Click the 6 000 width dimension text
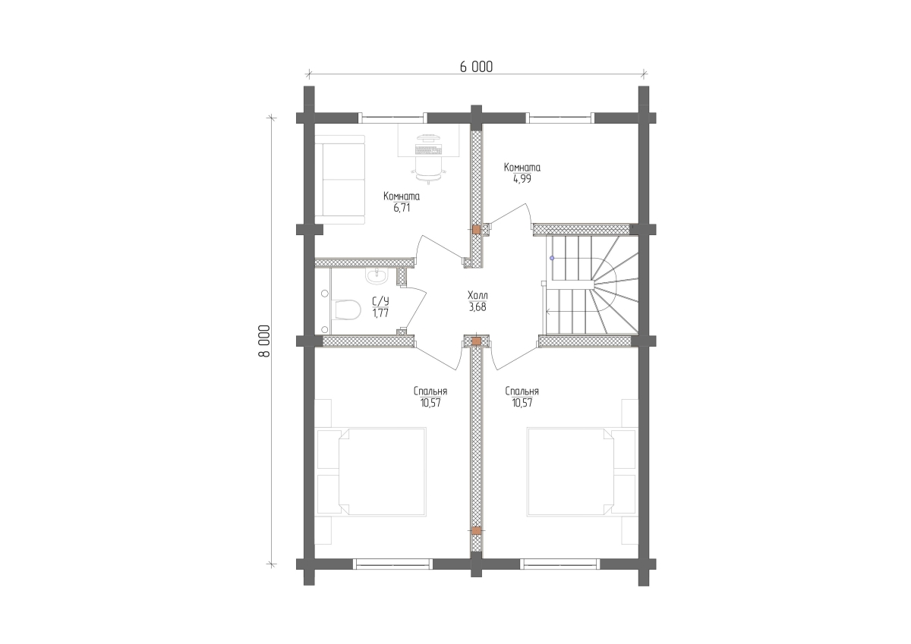pyautogui.click(x=476, y=67)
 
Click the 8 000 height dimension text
pyautogui.click(x=264, y=341)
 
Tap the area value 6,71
pyautogui.click(x=402, y=208)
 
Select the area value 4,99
pyautogui.click(x=522, y=179)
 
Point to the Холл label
pyautogui.click(x=478, y=295)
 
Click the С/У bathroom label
pyautogui.click(x=380, y=301)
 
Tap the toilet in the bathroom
pyautogui.click(x=348, y=310)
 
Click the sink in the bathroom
pyautogui.click(x=377, y=276)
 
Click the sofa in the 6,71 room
pyautogui.click(x=340, y=180)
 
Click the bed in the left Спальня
pyautogui.click(x=372, y=472)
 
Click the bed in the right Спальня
pyautogui.click(x=582, y=472)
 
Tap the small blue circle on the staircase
pyautogui.click(x=552, y=258)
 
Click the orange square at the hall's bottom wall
pyautogui.click(x=476, y=341)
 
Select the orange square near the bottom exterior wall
pyautogui.click(x=476, y=531)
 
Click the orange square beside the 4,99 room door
pyautogui.click(x=476, y=230)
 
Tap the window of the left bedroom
pyautogui.click(x=392, y=564)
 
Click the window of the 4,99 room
pyautogui.click(x=560, y=118)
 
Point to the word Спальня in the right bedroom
pyautogui.click(x=522, y=391)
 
